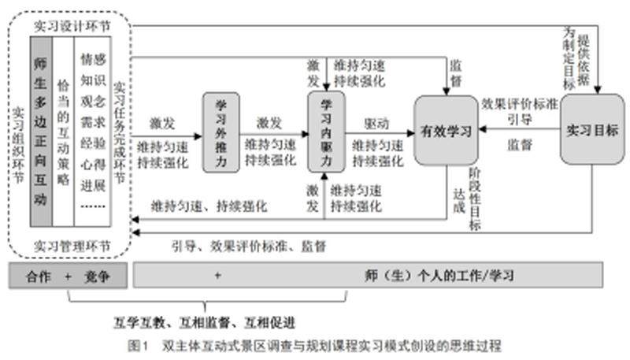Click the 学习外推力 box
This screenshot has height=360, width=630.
[x=220, y=132]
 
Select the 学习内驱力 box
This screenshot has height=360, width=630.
[x=325, y=132]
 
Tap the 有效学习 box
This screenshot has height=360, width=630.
[x=446, y=131]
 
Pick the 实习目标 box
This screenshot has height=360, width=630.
[x=592, y=129]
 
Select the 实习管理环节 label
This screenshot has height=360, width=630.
[x=72, y=246]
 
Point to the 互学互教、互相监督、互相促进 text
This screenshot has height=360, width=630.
[x=207, y=322]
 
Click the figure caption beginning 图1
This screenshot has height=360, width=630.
[x=314, y=345]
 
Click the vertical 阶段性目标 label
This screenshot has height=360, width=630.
[x=474, y=201]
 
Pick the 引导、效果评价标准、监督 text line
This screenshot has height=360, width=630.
[x=249, y=246]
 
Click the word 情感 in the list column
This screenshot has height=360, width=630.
[x=93, y=58]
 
